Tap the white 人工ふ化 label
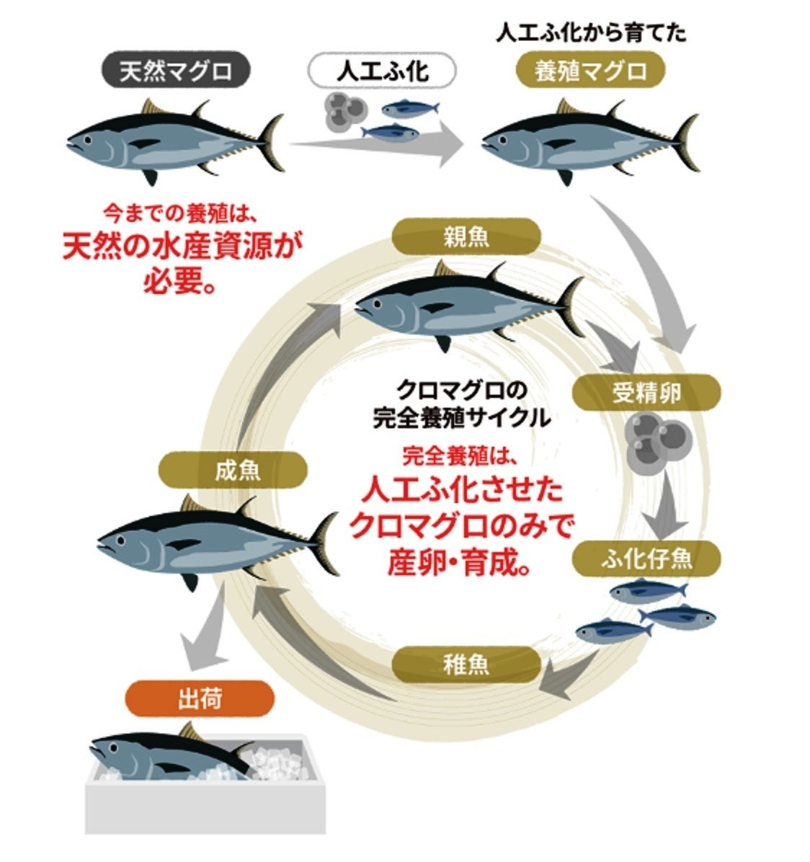point(382,72)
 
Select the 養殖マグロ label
point(590,72)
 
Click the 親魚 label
point(466,236)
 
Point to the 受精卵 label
point(646,393)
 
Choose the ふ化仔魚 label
point(646,558)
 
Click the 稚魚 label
point(466,664)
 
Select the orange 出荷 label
point(199,698)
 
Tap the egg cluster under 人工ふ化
point(345,111)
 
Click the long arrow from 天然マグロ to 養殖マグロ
point(375,144)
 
